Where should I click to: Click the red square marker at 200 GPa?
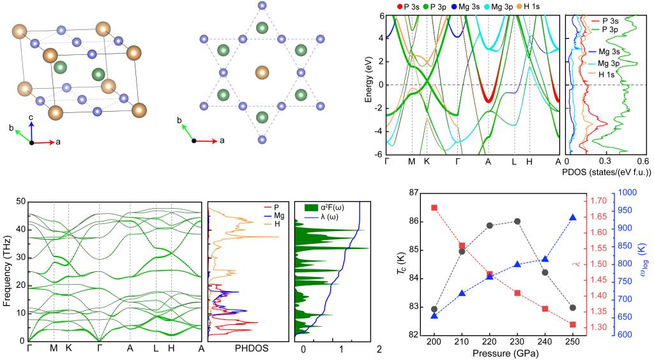pyautogui.click(x=434, y=207)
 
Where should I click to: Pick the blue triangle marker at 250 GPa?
pyautogui.click(x=573, y=218)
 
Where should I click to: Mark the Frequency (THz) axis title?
pyautogui.click(x=7, y=271)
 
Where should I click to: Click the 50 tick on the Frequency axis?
pyautogui.click(x=20, y=201)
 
